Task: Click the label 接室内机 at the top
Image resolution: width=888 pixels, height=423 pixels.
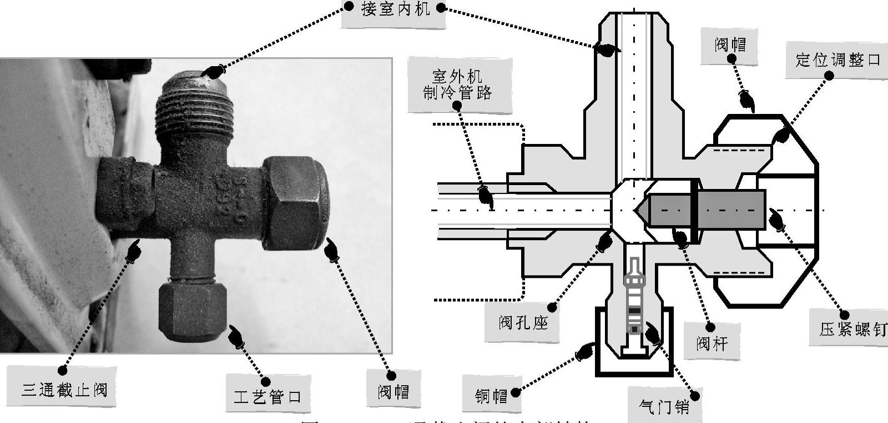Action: (395, 10)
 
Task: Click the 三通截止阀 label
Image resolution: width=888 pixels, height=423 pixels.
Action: (64, 389)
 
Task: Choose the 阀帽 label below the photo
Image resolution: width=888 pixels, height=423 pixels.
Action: (393, 392)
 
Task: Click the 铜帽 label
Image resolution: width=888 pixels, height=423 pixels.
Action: (491, 396)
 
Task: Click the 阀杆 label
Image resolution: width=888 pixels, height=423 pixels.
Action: (712, 343)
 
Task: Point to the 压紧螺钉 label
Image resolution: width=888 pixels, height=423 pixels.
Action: (852, 329)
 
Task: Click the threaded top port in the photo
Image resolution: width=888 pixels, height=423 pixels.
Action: (193, 108)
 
